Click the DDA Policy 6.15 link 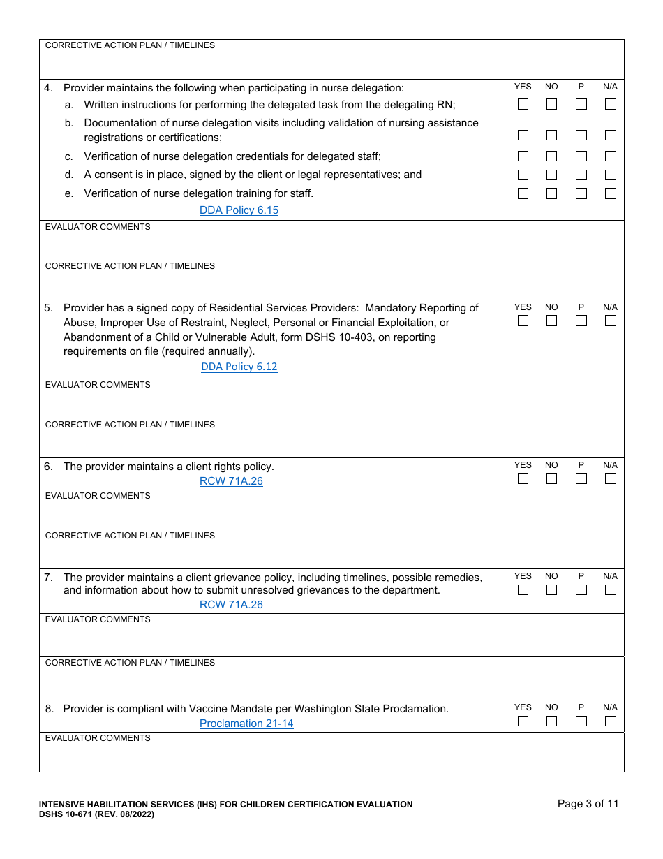239,210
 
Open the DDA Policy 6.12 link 239,367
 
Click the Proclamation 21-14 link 246,724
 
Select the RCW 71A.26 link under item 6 231,481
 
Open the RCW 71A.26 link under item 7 231,605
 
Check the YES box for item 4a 523,104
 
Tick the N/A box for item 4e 611,193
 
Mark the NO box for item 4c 551,156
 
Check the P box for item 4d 581,175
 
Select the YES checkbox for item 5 523,321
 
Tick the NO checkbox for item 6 551,478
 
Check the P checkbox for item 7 581,589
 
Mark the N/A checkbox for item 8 611,721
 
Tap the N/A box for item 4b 611,135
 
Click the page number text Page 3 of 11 588,804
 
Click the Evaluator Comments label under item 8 98,738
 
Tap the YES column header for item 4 523,87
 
